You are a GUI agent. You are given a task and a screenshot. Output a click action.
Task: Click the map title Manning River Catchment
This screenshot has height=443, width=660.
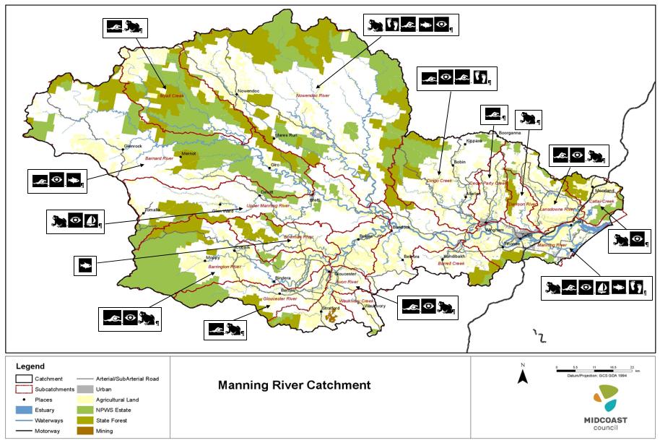point(294,385)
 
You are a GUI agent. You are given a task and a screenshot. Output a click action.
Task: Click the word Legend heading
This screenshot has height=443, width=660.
point(30,366)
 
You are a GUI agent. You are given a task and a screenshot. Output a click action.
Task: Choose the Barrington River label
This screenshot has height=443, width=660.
point(223,267)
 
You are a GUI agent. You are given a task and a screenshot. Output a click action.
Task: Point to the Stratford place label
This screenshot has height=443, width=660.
point(331,308)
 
